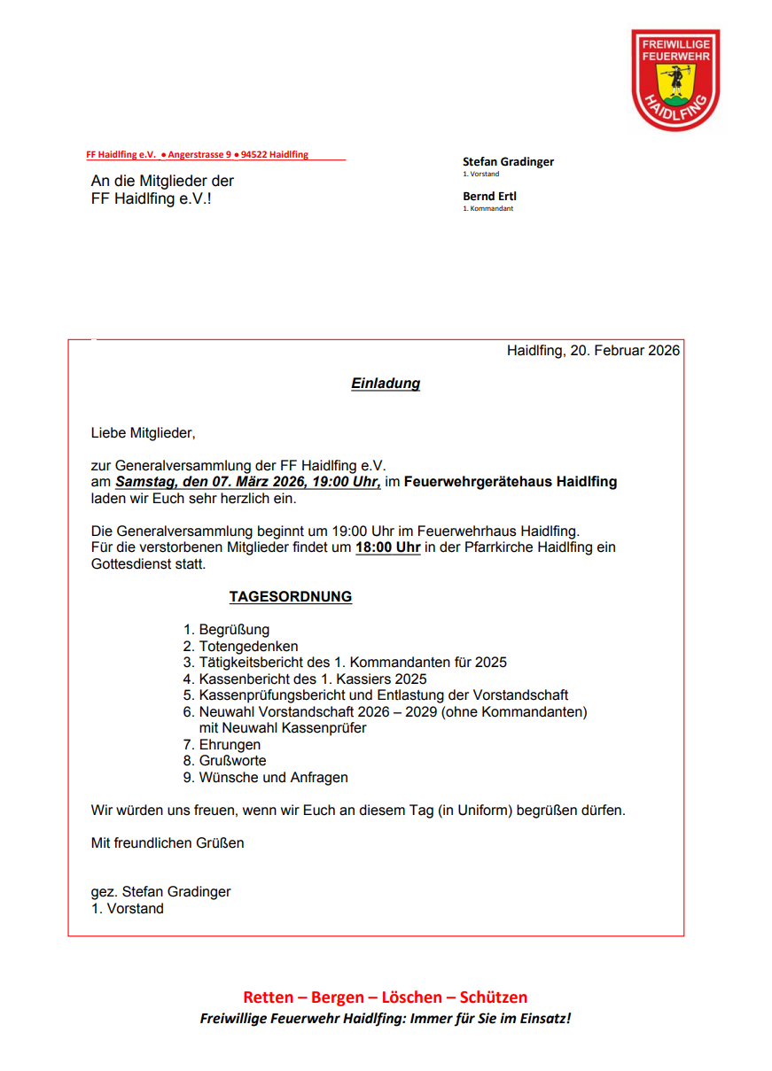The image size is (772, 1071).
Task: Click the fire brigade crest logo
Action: point(675,80)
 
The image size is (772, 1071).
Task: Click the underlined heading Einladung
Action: point(386,384)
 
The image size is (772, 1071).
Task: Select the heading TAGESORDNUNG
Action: point(290,597)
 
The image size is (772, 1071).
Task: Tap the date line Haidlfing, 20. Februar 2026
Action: point(593,351)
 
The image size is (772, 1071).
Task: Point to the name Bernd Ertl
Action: point(489,197)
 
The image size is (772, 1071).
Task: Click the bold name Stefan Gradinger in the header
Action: point(508,162)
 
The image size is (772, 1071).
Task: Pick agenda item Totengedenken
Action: point(248,647)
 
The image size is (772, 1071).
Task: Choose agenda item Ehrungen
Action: point(230,745)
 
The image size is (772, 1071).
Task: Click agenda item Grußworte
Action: point(232,761)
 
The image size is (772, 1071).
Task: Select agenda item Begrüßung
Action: point(234,630)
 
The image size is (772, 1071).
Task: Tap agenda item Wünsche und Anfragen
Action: point(273,778)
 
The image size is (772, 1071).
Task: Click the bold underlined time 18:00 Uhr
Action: point(387,547)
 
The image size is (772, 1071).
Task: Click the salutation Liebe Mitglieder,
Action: point(143,433)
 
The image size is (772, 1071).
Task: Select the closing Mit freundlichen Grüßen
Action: point(168,843)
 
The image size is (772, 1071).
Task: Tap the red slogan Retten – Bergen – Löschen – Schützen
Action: point(385,997)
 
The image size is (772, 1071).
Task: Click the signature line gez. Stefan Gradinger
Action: point(160,892)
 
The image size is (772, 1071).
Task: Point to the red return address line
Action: point(198,155)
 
